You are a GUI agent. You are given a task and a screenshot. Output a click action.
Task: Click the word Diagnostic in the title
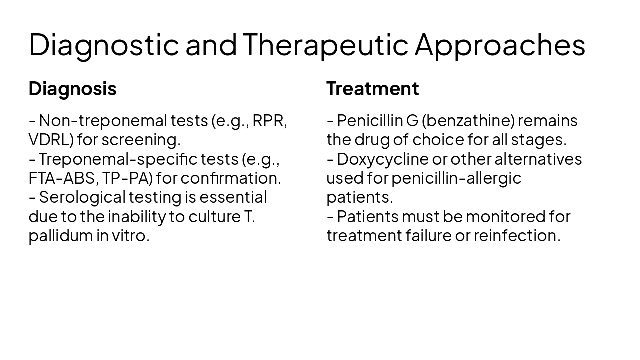[103, 45]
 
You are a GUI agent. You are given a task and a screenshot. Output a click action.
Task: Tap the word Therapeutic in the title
[325, 45]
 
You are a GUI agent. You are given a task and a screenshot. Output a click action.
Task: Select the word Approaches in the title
[500, 45]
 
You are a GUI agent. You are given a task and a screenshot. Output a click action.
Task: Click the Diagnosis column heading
[72, 89]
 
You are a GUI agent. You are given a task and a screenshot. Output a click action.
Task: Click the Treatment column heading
[372, 89]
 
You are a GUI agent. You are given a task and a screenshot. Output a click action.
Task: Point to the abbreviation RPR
[268, 121]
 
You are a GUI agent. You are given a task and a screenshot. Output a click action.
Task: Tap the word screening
[141, 140]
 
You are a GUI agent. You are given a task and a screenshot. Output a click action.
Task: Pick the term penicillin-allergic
[456, 178]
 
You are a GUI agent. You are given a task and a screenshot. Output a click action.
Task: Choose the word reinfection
[517, 235]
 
